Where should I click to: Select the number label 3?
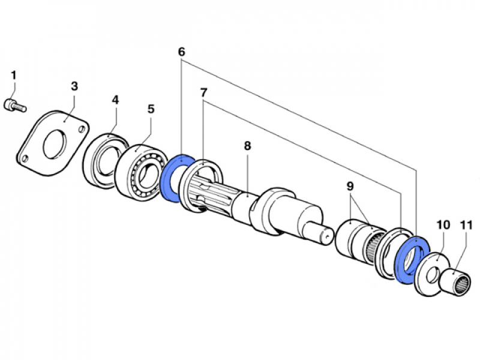coord(74,86)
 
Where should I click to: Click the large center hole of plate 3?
coord(54,141)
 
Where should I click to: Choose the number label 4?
coord(116,100)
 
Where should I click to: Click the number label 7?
coord(204,92)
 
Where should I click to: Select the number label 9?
coord(350,187)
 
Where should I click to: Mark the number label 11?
coord(466,226)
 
